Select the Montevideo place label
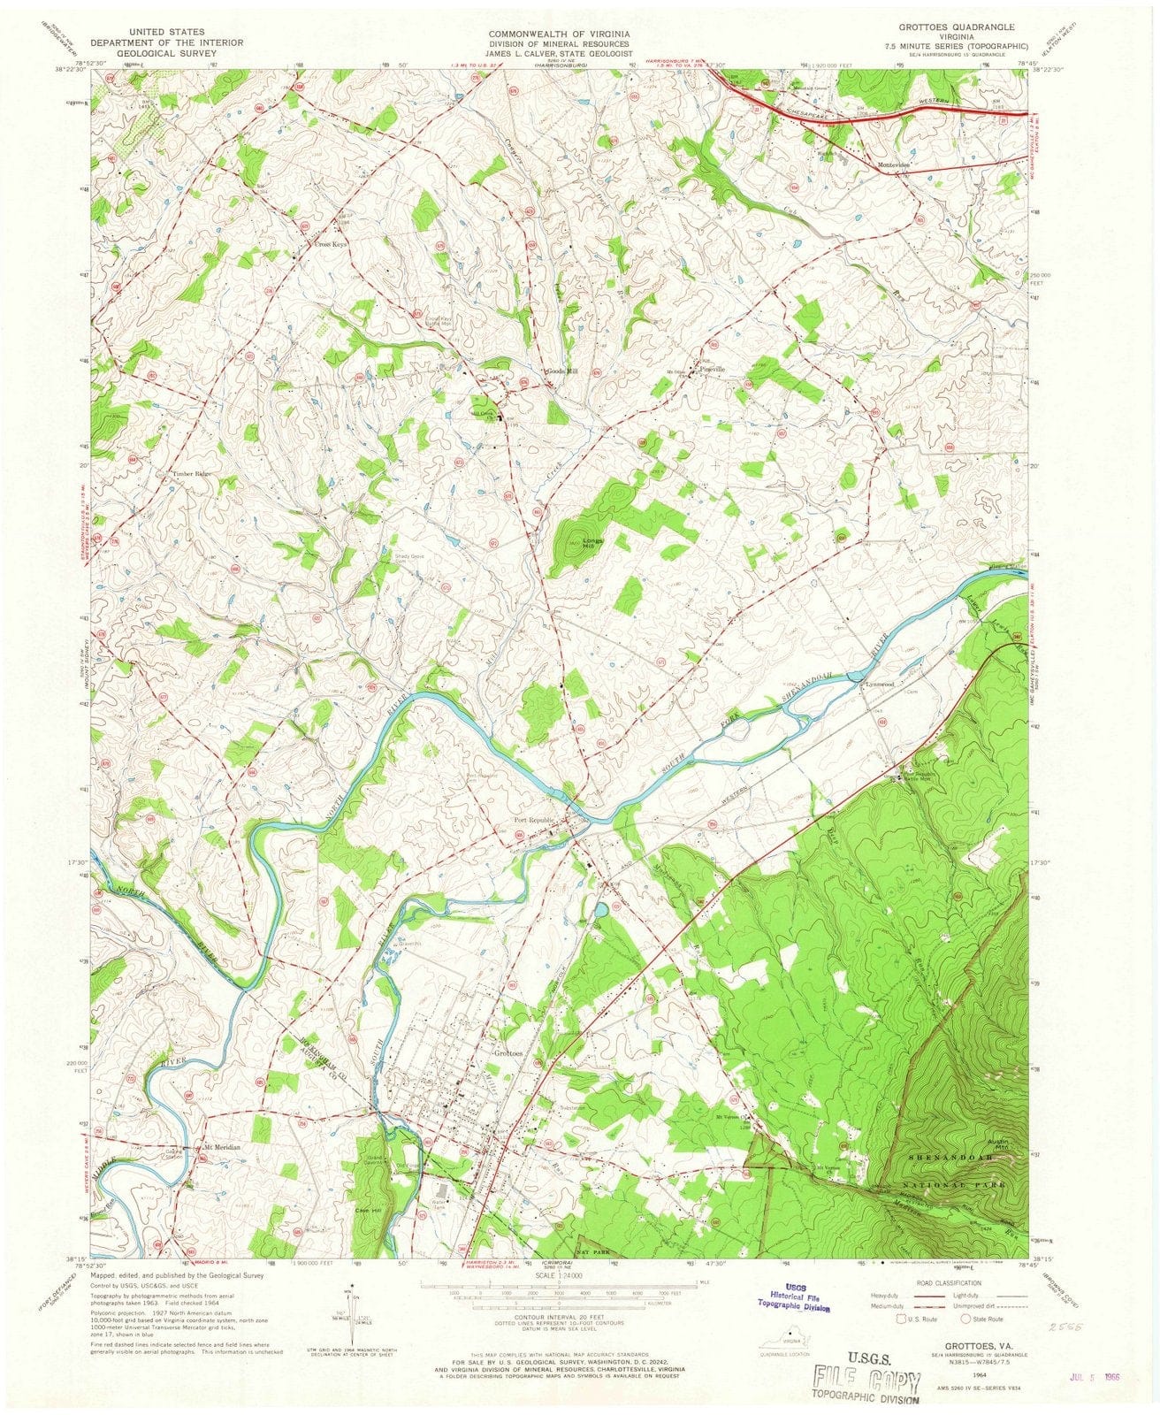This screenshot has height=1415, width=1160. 894,165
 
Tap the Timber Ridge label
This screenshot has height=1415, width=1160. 191,474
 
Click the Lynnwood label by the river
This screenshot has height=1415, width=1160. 881,684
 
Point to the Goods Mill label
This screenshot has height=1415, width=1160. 562,371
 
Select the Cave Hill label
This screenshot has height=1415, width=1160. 367,1211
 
